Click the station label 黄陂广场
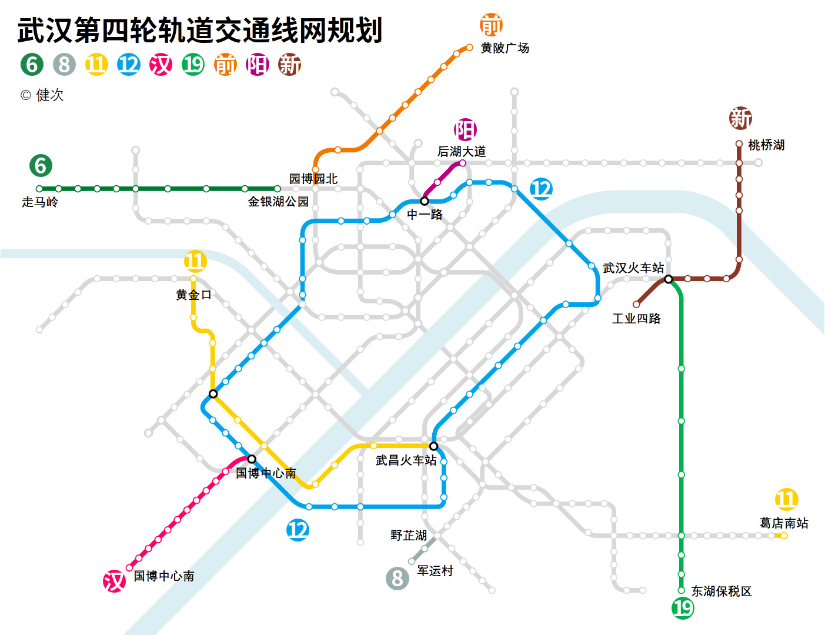pos(505,48)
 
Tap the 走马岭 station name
pos(40,202)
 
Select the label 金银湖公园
pos(278,202)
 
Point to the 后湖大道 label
pos(461,152)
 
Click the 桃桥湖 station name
pos(766,145)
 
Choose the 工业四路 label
pos(636,319)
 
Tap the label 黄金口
pos(193,295)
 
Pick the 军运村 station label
pos(435,570)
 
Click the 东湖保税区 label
pos(722,591)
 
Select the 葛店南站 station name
pos(784,523)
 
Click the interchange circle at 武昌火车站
pos(433,446)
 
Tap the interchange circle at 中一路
pos(425,200)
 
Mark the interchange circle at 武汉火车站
pos(668,279)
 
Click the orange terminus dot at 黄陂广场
pos(469,48)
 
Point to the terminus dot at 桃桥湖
pos(739,143)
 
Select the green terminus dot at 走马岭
pos(39,189)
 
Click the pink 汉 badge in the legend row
pos(161,64)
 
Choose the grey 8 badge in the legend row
pos(64,64)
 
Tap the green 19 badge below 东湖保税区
pos(683,608)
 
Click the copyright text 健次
pos(50,95)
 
